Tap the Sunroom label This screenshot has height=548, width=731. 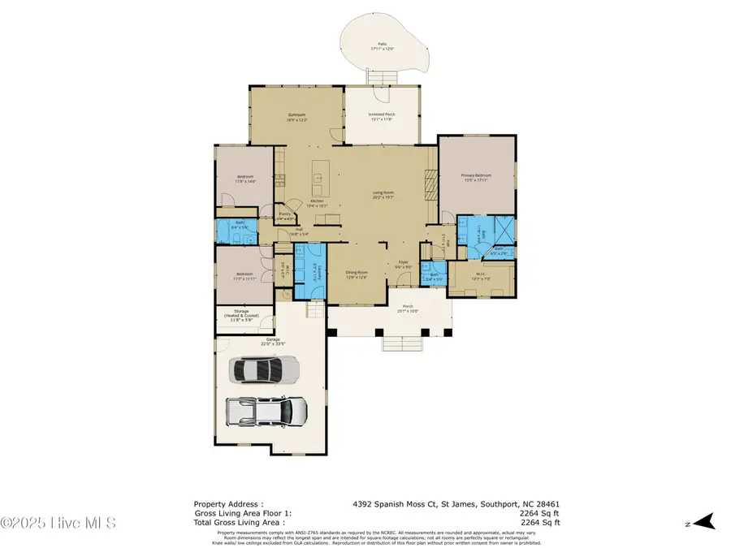(296, 118)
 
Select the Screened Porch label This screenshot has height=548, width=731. (380, 118)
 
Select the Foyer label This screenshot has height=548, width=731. (403, 264)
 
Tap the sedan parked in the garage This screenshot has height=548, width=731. (266, 370)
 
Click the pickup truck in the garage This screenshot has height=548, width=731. (267, 411)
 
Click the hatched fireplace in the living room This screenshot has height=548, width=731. (430, 183)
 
